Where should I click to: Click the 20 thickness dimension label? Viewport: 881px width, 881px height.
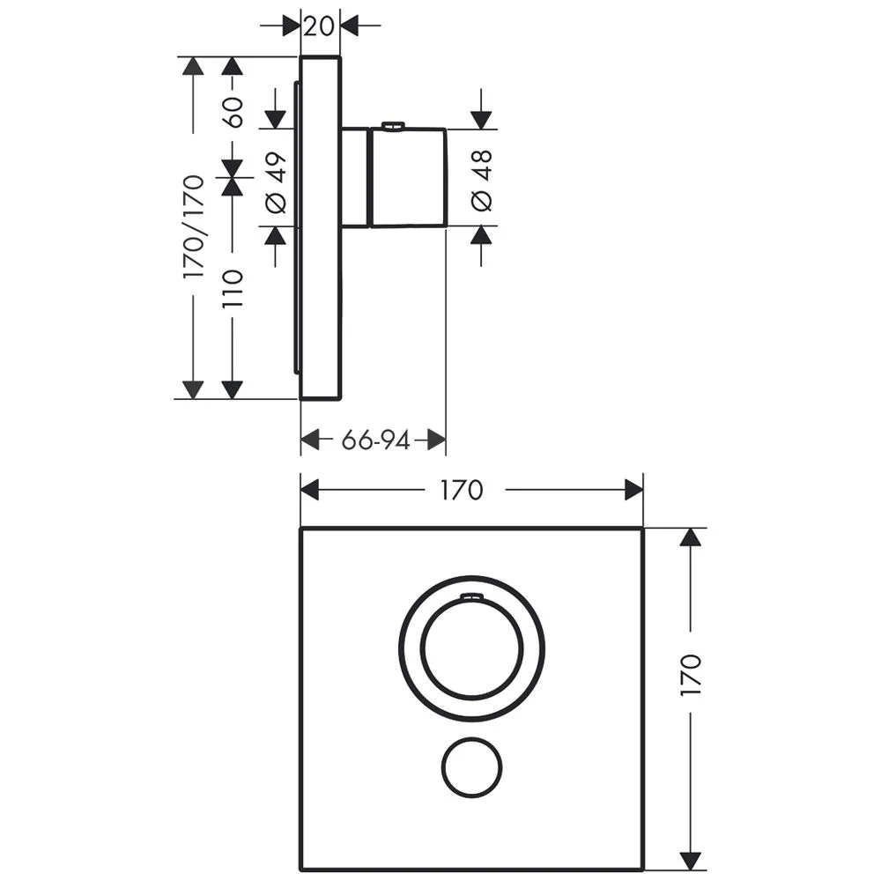(x=319, y=26)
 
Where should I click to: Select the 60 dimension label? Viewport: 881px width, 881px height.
(x=232, y=113)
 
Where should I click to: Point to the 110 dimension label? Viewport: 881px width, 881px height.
(x=232, y=288)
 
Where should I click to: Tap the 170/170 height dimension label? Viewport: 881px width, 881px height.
(x=193, y=226)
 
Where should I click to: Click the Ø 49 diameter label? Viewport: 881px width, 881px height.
(x=276, y=182)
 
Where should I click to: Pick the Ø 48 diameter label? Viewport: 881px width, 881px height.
(x=482, y=181)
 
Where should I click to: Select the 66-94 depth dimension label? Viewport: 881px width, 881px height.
(x=376, y=440)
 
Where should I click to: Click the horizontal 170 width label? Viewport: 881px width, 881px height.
(x=462, y=490)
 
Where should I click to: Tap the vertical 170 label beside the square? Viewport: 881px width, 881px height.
(x=691, y=675)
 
